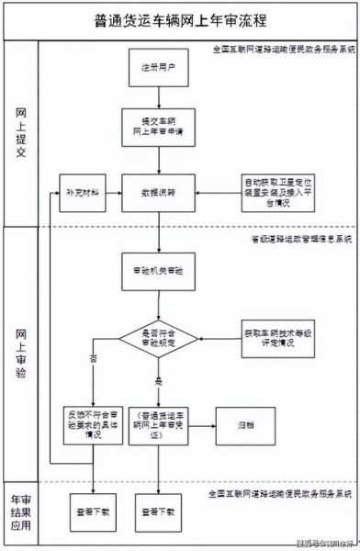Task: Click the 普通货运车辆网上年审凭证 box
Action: [x=160, y=424]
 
